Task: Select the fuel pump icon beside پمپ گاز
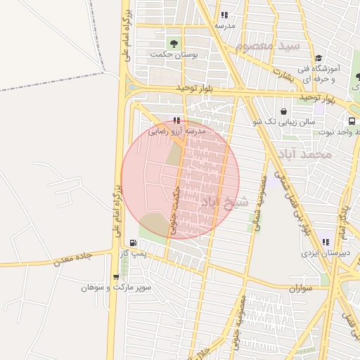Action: tap(133, 243)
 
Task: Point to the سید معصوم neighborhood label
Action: tap(267, 46)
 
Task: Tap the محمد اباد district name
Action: tap(303, 153)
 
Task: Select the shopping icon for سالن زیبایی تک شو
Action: tap(283, 111)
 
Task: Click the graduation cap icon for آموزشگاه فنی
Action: tap(319, 58)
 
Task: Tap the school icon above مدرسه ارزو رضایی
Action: tap(176, 120)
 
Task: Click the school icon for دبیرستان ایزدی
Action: tap(326, 241)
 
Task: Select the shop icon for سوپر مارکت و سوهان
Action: tap(116, 278)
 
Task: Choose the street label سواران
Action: tap(300, 288)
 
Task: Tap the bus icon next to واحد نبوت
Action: tap(352, 121)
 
